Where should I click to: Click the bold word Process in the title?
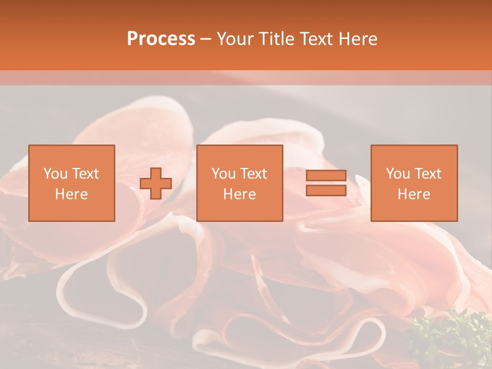(x=161, y=39)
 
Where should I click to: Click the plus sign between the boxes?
(x=156, y=183)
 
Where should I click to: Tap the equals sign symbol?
(x=326, y=183)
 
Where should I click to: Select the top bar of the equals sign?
(x=326, y=176)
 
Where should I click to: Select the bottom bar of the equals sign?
(x=326, y=190)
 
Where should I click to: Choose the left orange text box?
(x=71, y=183)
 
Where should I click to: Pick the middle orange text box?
(x=239, y=183)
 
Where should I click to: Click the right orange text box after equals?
(x=414, y=183)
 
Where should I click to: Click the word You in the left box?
(x=55, y=174)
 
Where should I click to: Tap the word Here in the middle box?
(x=239, y=194)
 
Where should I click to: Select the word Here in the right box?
(x=414, y=194)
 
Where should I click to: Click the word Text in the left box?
(x=86, y=174)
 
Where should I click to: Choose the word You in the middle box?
(x=223, y=174)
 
